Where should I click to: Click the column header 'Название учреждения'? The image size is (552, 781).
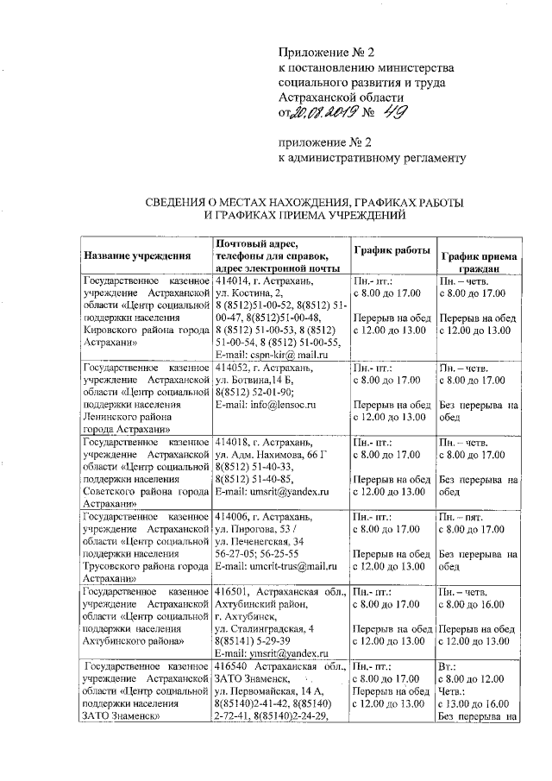(x=136, y=256)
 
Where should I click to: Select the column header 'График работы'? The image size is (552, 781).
(x=392, y=249)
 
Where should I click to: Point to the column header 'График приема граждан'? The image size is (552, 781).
(x=479, y=262)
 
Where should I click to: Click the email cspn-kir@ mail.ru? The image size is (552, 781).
(x=274, y=355)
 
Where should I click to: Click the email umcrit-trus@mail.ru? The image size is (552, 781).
(x=276, y=566)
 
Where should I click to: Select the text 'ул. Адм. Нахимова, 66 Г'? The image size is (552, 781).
(x=274, y=453)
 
